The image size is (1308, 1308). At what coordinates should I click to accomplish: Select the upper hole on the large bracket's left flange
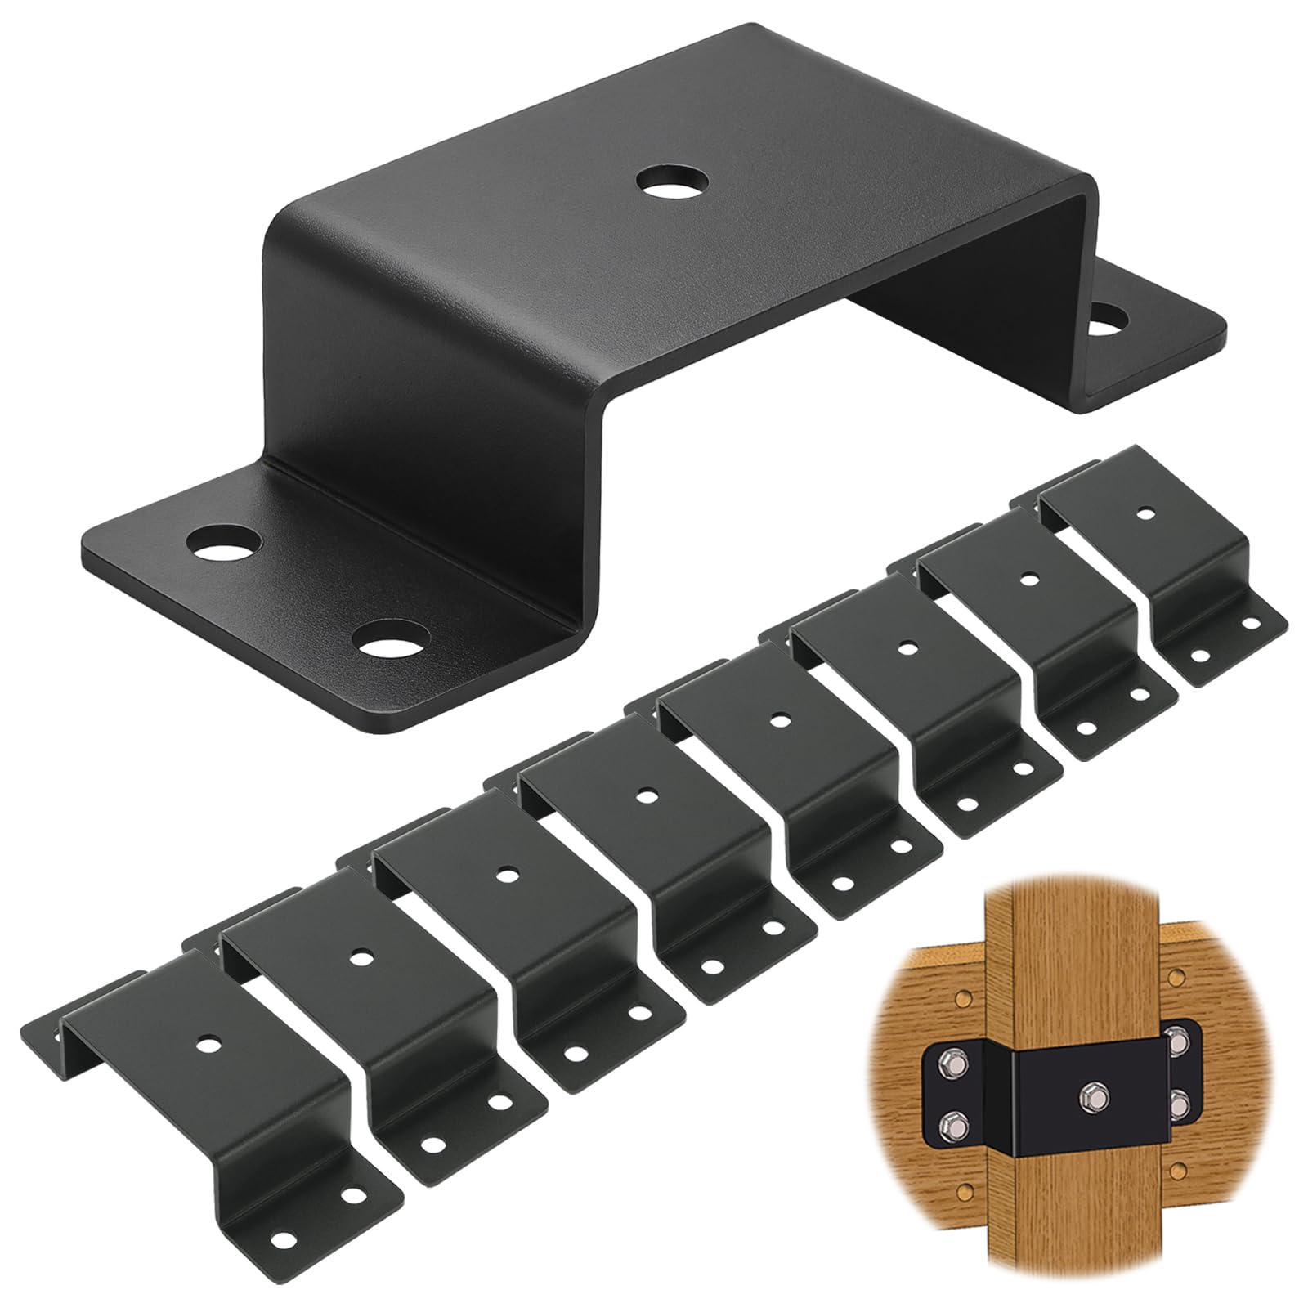[223, 542]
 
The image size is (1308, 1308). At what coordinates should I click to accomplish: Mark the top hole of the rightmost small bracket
[1146, 514]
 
